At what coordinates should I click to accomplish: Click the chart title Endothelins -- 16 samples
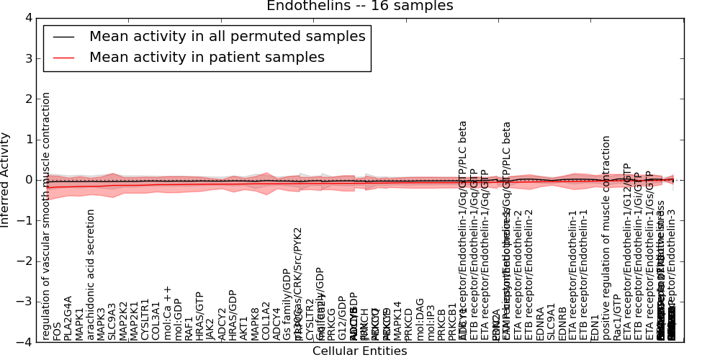click(x=359, y=6)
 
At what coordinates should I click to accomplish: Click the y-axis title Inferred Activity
click(x=6, y=179)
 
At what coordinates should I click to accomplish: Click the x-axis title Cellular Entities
click(x=359, y=351)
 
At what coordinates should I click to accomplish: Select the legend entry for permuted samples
click(x=227, y=36)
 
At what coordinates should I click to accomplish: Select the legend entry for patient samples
click(x=207, y=57)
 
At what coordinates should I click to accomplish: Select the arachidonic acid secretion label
click(x=91, y=274)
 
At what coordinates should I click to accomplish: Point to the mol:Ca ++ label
click(x=167, y=312)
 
